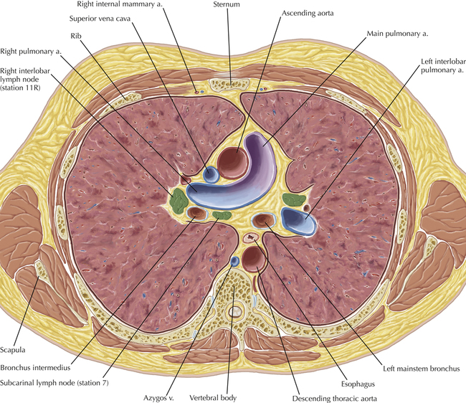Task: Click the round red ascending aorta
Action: (x=232, y=161)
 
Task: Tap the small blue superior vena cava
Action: (x=211, y=174)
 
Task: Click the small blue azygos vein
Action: (x=235, y=260)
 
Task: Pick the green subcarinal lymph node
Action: (x=222, y=214)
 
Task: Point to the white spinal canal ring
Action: (x=235, y=313)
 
